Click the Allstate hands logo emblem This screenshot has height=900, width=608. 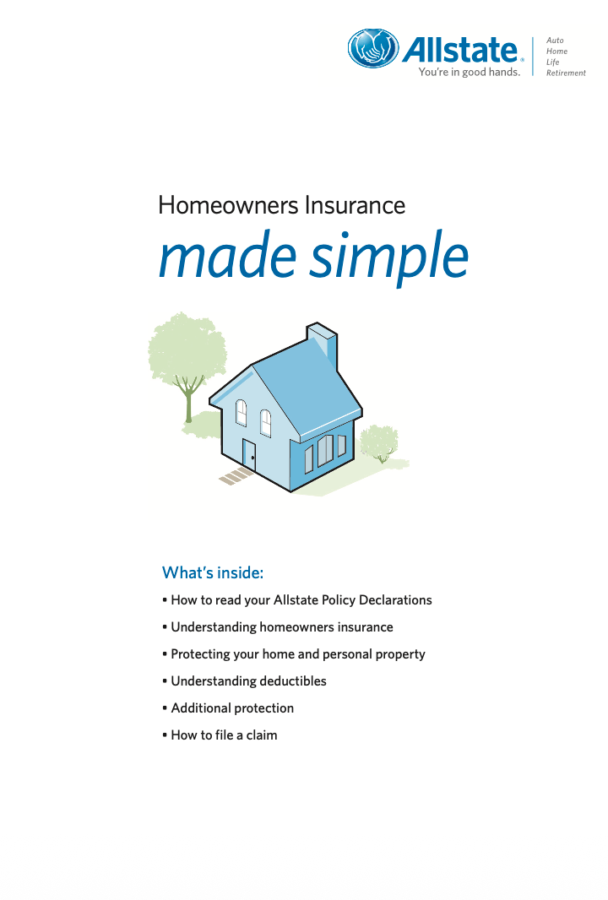tap(373, 48)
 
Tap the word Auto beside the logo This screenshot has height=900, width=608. tap(555, 41)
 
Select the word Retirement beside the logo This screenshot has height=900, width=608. tap(566, 73)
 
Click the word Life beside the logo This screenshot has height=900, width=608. tap(552, 62)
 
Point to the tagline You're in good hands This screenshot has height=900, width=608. tap(469, 72)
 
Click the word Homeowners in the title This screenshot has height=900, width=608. tap(229, 205)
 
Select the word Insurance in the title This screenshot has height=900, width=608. tap(355, 205)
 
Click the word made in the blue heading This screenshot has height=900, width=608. tap(227, 256)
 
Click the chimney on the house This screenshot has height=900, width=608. tap(323, 345)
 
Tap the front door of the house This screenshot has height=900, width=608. tap(249, 454)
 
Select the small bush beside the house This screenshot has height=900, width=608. tap(379, 442)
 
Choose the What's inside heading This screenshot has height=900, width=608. tap(213, 572)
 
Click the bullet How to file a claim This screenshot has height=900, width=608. tap(220, 735)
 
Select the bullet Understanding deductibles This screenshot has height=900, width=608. tap(245, 681)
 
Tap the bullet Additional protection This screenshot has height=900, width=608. tap(228, 708)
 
